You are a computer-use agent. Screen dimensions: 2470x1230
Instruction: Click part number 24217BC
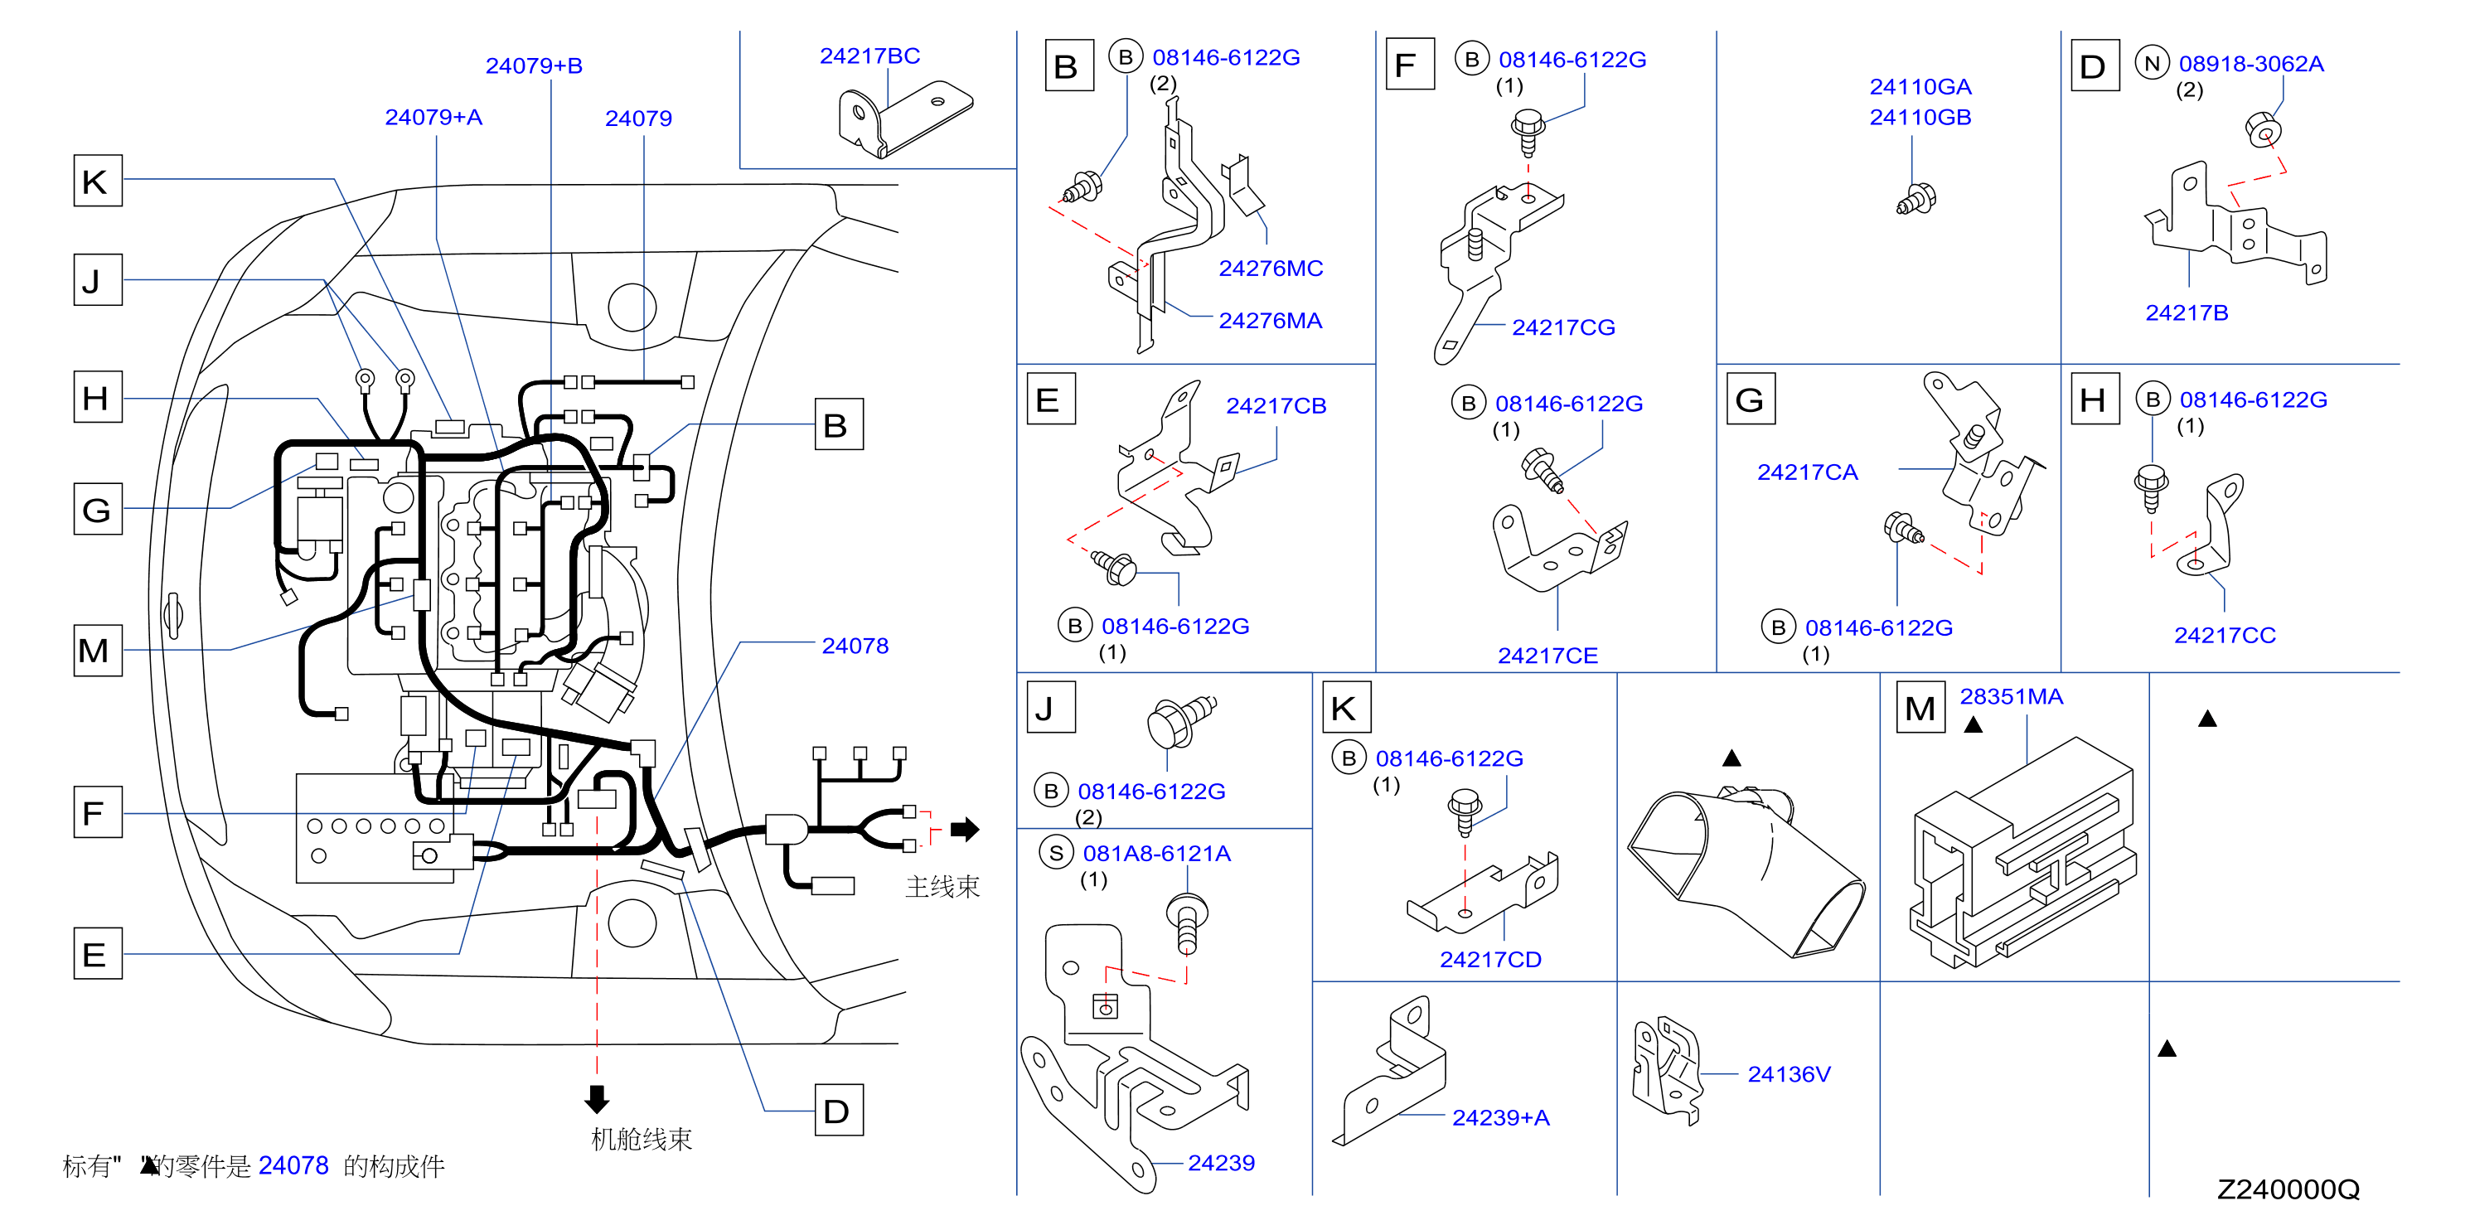[x=869, y=56]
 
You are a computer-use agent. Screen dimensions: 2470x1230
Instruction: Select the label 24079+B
[x=534, y=65]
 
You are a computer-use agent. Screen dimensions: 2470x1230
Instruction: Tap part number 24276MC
[x=1271, y=269]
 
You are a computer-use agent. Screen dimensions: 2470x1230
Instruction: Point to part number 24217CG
[x=1563, y=328]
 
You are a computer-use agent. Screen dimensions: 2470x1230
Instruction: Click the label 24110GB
[x=1920, y=117]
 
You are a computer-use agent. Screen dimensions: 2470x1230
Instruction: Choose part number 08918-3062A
[x=2250, y=64]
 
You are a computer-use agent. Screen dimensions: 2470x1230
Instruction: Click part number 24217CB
[x=1276, y=405]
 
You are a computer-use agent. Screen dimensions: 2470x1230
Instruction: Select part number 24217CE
[x=1547, y=656]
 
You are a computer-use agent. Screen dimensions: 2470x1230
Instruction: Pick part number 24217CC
[x=2225, y=635]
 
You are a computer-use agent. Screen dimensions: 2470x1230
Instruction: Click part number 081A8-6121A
[x=1156, y=853]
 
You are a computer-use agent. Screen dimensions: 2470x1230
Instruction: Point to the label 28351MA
[x=2011, y=696]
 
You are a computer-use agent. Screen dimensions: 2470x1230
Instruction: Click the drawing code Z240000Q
[x=2287, y=1189]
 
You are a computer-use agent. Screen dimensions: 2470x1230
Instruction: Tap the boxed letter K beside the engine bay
[x=98, y=180]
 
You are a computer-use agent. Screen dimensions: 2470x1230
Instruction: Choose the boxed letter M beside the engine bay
[x=98, y=650]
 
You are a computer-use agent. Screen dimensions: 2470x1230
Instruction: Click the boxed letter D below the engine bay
[x=838, y=1110]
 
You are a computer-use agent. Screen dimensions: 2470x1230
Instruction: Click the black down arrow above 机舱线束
[x=597, y=1099]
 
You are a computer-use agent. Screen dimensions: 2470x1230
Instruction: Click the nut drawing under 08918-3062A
[x=2264, y=129]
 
